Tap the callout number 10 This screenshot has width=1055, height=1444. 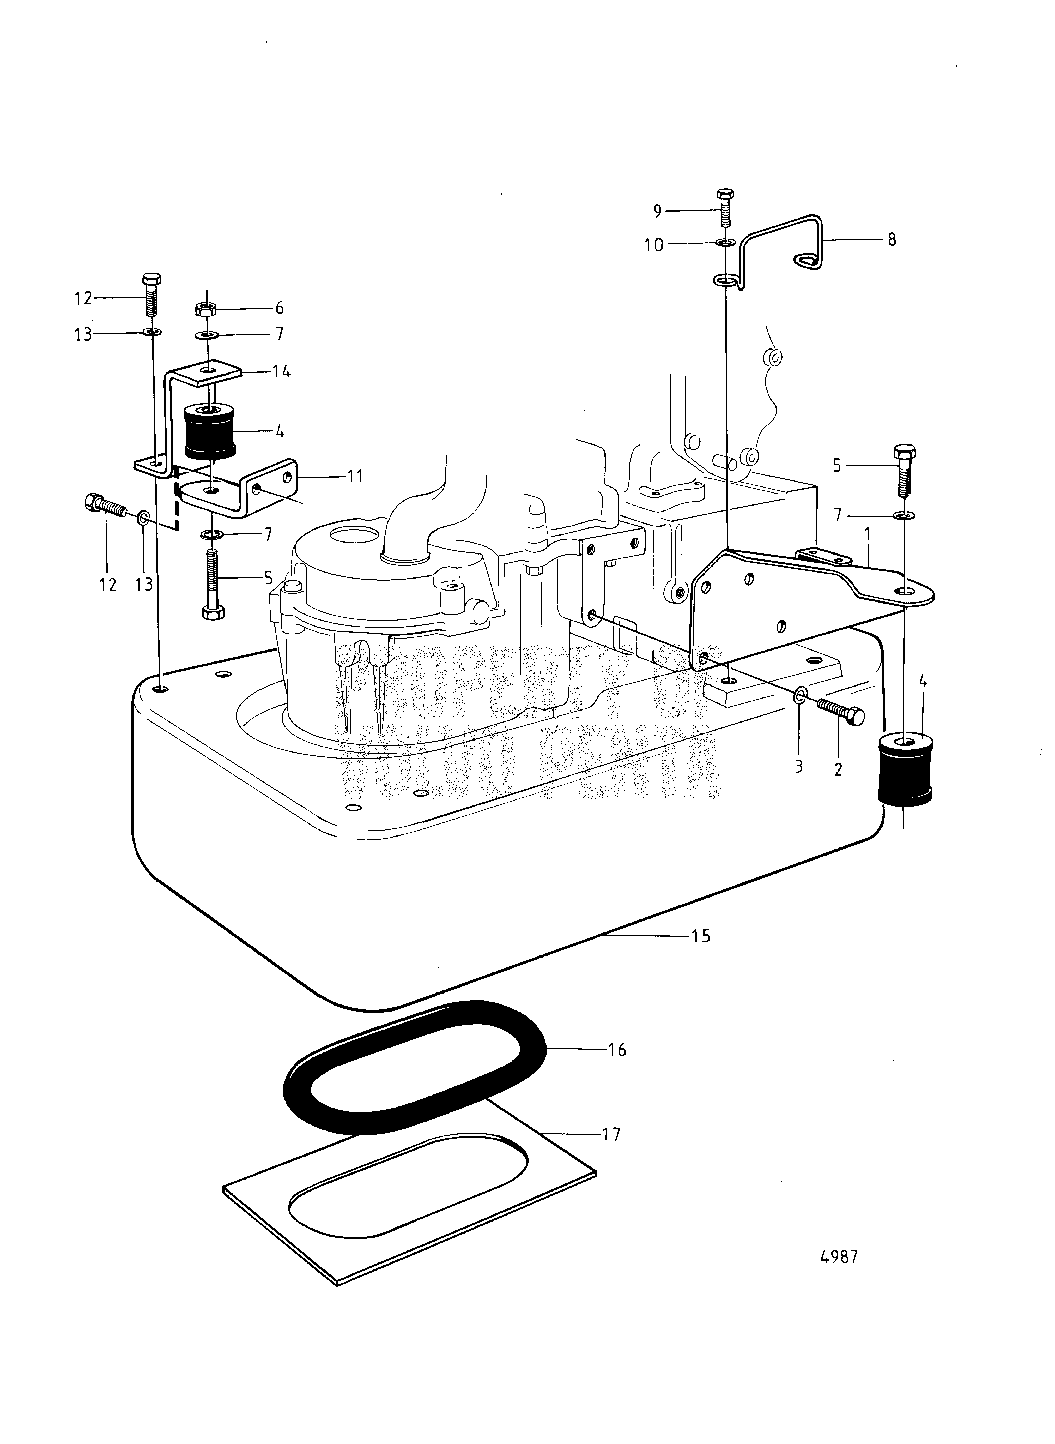[x=654, y=245]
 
